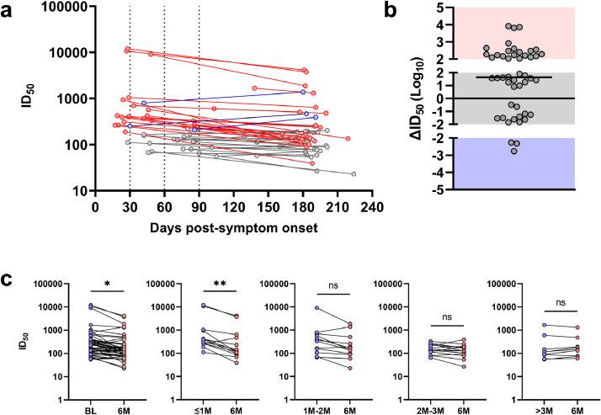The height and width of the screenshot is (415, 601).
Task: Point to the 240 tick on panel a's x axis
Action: pyautogui.click(x=370, y=207)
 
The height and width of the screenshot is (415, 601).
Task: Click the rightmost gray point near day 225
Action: pyautogui.click(x=354, y=174)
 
